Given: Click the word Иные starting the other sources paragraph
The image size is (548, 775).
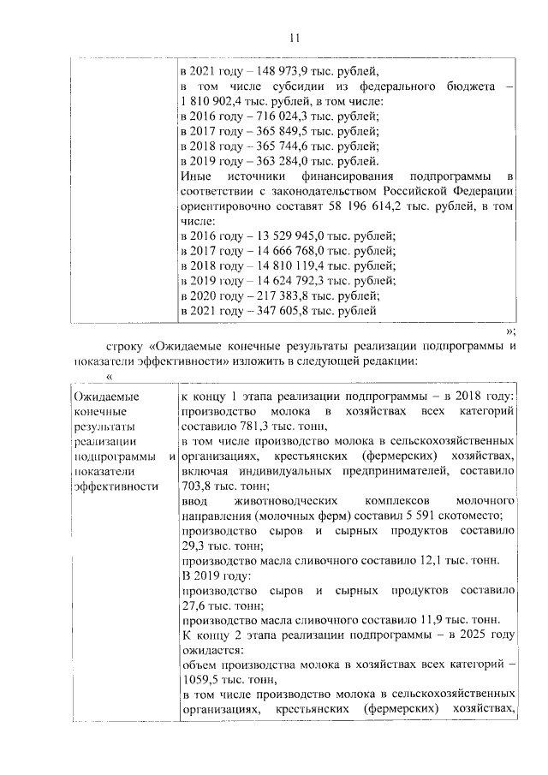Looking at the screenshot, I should point(196,176).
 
